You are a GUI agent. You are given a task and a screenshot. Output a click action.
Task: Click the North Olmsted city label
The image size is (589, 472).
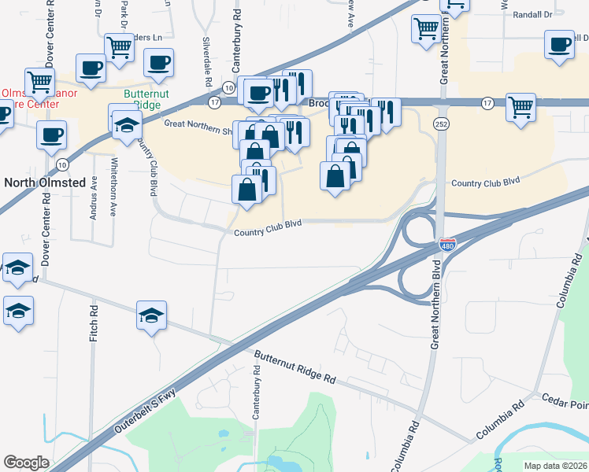pyautogui.click(x=44, y=183)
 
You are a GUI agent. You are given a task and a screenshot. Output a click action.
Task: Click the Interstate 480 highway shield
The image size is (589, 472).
pyautogui.click(x=446, y=245)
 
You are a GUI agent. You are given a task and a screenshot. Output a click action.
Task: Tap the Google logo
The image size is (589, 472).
pyautogui.click(x=26, y=463)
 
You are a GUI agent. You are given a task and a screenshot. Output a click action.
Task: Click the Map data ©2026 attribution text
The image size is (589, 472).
pyautogui.click(x=554, y=466)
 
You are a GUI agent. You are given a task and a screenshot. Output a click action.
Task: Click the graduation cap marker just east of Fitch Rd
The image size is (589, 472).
pyautogui.click(x=152, y=316)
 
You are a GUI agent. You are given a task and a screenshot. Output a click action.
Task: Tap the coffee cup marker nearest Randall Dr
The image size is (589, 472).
pyautogui.click(x=560, y=45)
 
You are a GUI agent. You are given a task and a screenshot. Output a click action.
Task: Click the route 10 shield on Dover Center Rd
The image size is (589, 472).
pyautogui.click(x=62, y=164)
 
